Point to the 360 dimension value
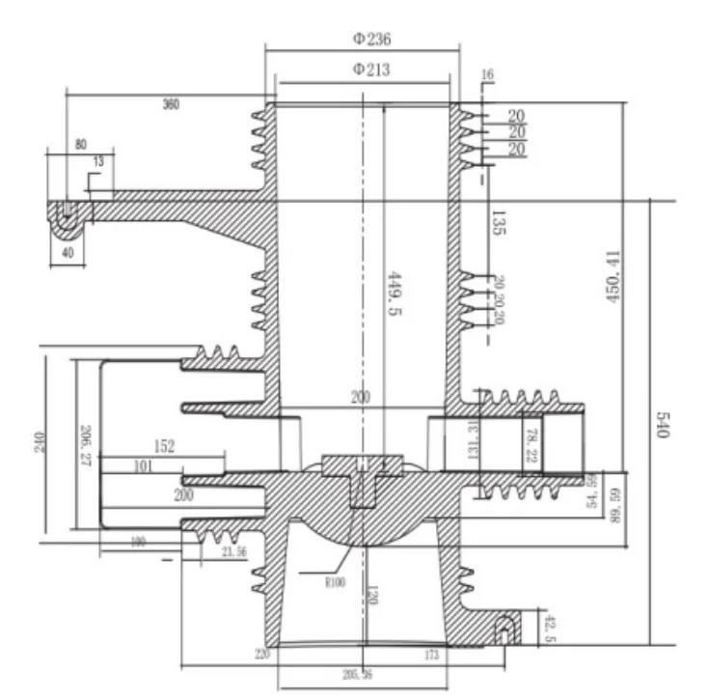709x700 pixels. click(x=170, y=104)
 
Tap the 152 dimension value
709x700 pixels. click(x=165, y=446)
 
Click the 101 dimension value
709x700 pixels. click(x=143, y=467)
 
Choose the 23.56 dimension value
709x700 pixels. click(x=234, y=550)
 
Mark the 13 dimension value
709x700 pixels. click(x=96, y=160)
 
